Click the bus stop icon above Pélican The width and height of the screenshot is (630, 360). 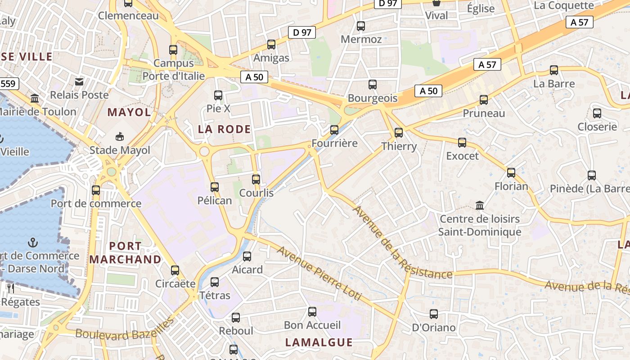[x=215, y=187]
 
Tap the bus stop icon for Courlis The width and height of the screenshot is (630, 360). [x=256, y=179]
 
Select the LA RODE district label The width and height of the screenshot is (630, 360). [x=225, y=130]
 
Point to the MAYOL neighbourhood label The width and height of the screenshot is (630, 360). [x=129, y=112]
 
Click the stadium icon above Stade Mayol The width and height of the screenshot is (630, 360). [x=120, y=136]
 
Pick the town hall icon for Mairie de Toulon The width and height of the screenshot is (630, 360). [x=35, y=98]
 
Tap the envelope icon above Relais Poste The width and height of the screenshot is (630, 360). [x=79, y=81]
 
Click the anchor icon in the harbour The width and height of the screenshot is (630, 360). [x=32, y=243]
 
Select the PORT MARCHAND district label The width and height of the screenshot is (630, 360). [x=125, y=253]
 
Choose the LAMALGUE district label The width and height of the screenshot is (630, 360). [x=319, y=342]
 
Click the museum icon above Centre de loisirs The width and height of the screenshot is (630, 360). [x=480, y=206]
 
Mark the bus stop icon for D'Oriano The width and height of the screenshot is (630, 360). [x=434, y=314]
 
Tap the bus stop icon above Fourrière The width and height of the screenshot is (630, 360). [x=334, y=130]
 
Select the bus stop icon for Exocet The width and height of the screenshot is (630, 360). [x=462, y=143]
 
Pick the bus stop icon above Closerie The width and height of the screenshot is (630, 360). [x=597, y=113]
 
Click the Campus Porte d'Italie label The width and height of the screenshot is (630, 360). [x=174, y=70]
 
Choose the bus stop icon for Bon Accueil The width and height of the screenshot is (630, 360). [x=312, y=311]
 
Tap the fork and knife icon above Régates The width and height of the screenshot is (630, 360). [x=11, y=288]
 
